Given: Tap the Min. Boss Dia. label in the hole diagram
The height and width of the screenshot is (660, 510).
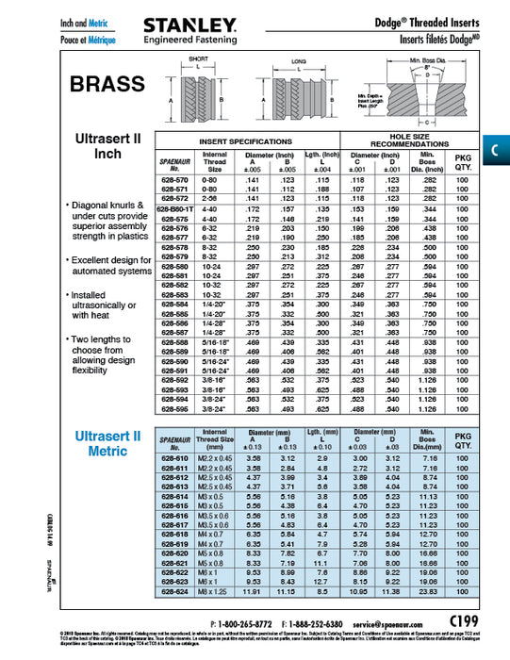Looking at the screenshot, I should coord(427,61).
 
